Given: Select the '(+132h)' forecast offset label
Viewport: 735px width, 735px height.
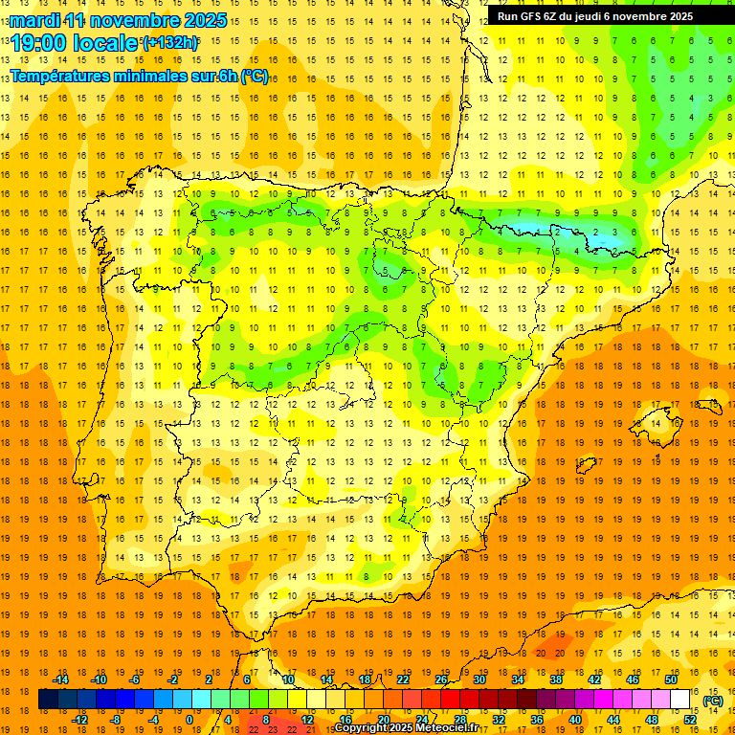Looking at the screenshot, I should pyautogui.click(x=170, y=42).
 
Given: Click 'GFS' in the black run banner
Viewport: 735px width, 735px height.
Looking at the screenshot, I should pyautogui.click(x=533, y=16).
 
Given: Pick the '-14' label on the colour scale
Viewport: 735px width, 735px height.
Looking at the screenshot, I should pyautogui.click(x=61, y=679).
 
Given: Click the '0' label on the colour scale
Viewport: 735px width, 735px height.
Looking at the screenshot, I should pyautogui.click(x=189, y=720).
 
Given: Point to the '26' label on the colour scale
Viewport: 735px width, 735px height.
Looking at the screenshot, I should pyautogui.click(x=441, y=679).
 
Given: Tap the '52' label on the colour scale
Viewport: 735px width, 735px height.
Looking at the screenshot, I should pyautogui.click(x=689, y=720).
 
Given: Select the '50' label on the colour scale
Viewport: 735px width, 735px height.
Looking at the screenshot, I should pyautogui.click(x=671, y=679).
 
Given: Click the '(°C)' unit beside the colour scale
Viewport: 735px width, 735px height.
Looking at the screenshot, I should pyautogui.click(x=713, y=700).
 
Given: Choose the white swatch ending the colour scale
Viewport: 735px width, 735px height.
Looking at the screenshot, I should pyautogui.click(x=680, y=700).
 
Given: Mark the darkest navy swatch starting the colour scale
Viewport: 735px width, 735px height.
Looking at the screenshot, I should pyautogui.click(x=48, y=700).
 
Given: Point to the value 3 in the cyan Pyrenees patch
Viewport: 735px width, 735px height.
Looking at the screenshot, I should pyautogui.click(x=615, y=232).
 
